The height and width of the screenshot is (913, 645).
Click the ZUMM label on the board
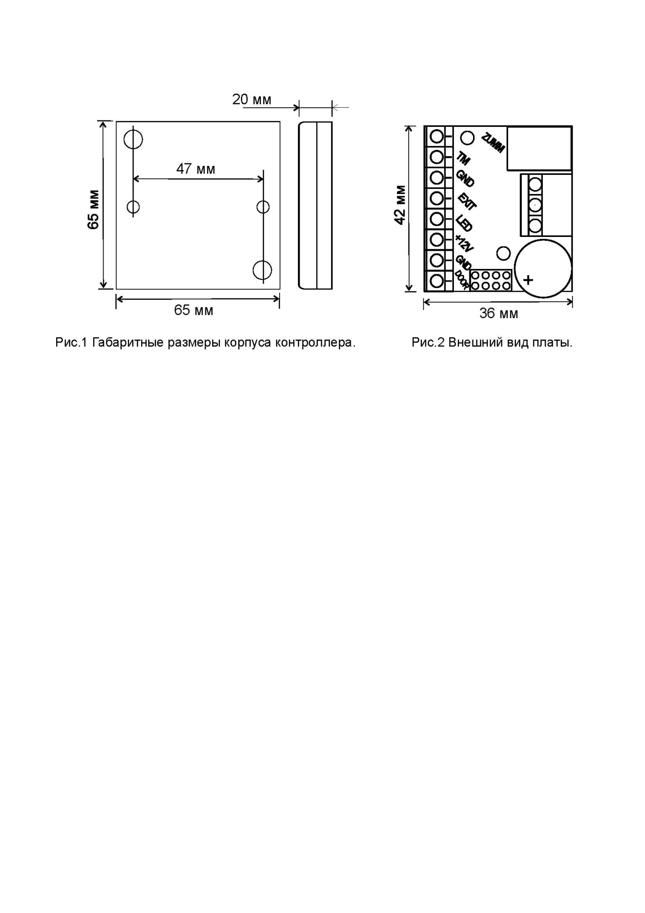pyautogui.click(x=493, y=143)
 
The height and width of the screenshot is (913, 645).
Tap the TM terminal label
pyautogui.click(x=463, y=158)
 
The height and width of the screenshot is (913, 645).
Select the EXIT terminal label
pyautogui.click(x=467, y=201)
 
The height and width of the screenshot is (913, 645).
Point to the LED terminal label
pyautogui.click(x=464, y=223)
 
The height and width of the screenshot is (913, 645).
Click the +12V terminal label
pyautogui.click(x=464, y=243)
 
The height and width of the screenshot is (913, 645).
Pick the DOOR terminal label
pyautogui.click(x=461, y=280)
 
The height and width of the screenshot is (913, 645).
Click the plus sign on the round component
pyautogui.click(x=528, y=280)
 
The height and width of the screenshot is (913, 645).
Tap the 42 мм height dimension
pyautogui.click(x=400, y=205)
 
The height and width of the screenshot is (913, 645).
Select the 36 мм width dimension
pyautogui.click(x=498, y=314)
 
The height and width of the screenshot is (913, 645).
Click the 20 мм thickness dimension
pyautogui.click(x=251, y=100)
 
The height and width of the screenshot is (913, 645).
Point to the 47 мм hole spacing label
pyautogui.click(x=196, y=169)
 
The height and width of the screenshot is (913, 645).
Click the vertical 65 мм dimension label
pyautogui.click(x=94, y=210)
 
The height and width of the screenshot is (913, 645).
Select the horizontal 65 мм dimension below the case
pyautogui.click(x=193, y=310)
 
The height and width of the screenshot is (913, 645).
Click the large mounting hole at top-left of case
pyautogui.click(x=133, y=139)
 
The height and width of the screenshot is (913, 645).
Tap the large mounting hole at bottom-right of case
pyautogui.click(x=262, y=270)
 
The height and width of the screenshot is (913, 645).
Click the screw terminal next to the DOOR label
pyautogui.click(x=437, y=281)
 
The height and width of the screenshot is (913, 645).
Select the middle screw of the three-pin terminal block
pyautogui.click(x=535, y=205)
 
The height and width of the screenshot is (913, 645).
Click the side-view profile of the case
pyautogui.click(x=315, y=205)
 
